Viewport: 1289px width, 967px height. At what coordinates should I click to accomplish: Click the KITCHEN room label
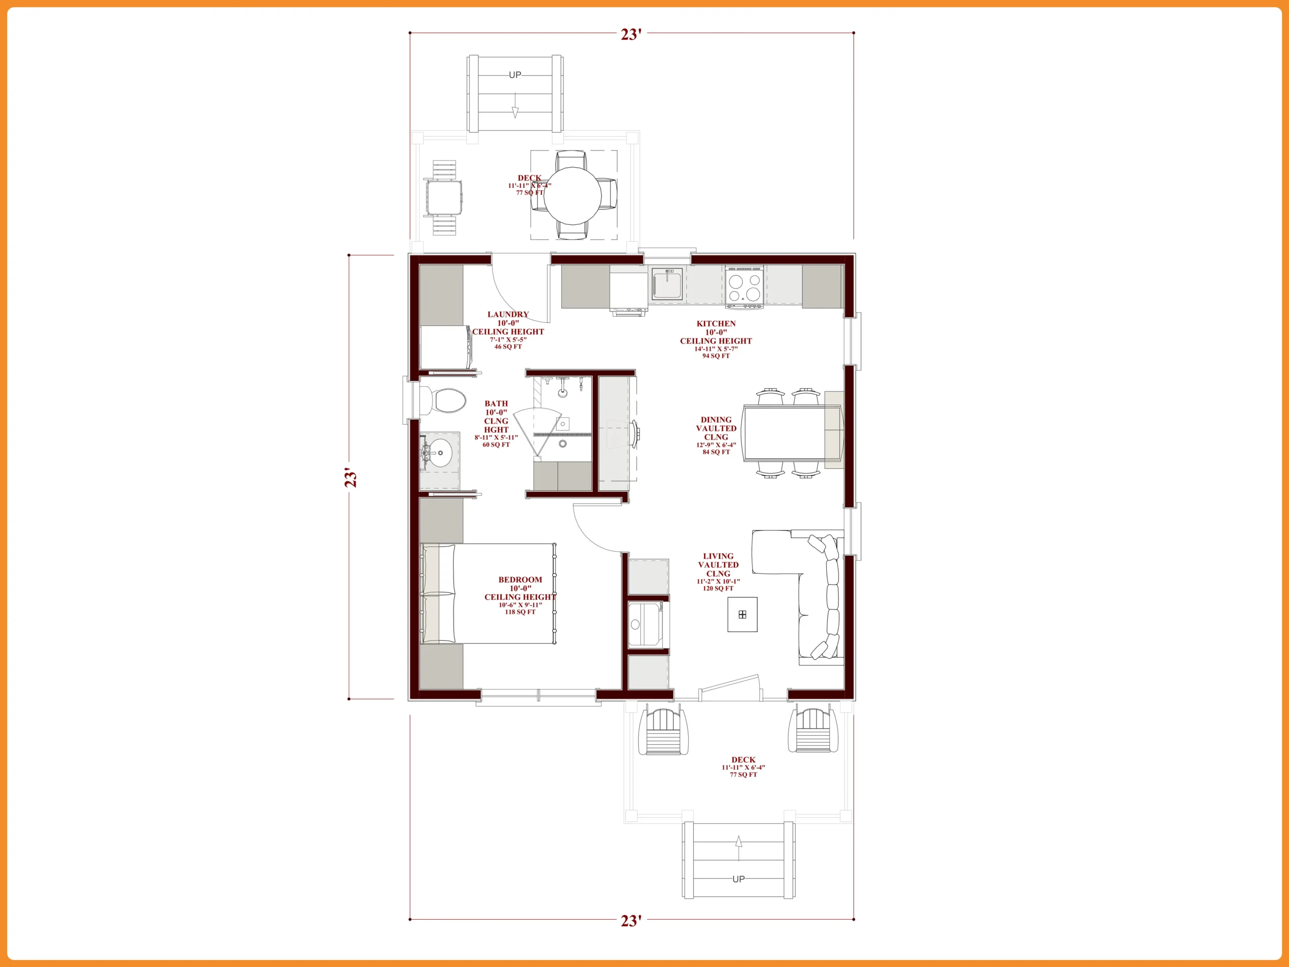click(x=715, y=323)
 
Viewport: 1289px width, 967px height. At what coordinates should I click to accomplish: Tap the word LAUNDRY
click(x=508, y=314)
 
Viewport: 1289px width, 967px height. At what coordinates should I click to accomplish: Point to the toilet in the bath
click(x=444, y=400)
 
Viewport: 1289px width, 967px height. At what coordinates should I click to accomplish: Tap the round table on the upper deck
click(x=573, y=196)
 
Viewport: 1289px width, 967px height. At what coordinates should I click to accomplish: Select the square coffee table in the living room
click(x=742, y=614)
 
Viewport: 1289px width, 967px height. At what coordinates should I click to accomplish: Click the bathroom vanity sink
click(x=441, y=452)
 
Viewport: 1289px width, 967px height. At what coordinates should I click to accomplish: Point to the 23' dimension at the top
click(x=631, y=34)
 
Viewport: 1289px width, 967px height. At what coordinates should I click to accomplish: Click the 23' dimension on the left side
click(x=350, y=477)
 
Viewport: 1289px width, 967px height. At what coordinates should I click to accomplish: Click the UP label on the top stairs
click(x=515, y=75)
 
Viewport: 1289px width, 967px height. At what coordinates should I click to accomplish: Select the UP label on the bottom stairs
click(x=738, y=879)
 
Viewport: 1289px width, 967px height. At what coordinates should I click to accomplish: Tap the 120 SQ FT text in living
click(x=718, y=589)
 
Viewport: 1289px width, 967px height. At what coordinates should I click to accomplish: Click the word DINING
click(x=715, y=420)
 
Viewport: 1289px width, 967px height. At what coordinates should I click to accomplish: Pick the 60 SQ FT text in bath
click(x=496, y=445)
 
